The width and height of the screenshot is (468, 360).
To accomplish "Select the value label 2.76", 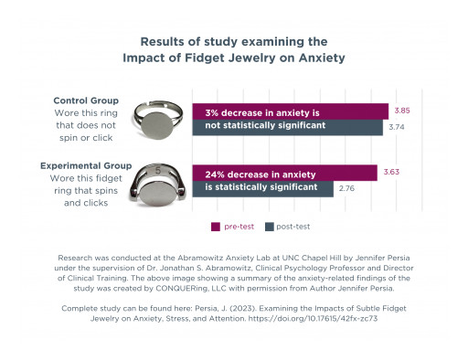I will click(347, 189).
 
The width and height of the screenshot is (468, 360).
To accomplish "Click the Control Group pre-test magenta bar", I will click(289, 111).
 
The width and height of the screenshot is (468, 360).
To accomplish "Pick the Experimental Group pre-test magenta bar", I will click(283, 172).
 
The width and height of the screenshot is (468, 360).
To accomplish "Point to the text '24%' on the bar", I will click(217, 172).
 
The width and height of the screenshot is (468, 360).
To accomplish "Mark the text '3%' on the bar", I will click(213, 111).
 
